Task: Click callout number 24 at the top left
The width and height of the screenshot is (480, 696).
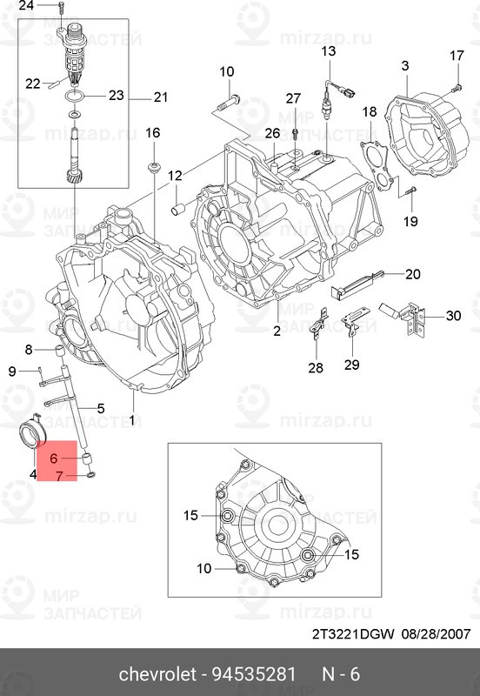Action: [26, 6]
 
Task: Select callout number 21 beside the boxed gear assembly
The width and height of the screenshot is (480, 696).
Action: [160, 97]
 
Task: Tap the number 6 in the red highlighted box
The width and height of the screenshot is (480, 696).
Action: [54, 458]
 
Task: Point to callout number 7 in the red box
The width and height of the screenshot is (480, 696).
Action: [59, 476]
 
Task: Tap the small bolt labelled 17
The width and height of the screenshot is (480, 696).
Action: [456, 85]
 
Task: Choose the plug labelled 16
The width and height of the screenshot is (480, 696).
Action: [154, 164]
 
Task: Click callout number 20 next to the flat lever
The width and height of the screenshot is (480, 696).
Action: [412, 274]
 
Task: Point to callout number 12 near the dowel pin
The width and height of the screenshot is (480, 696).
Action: [175, 176]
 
